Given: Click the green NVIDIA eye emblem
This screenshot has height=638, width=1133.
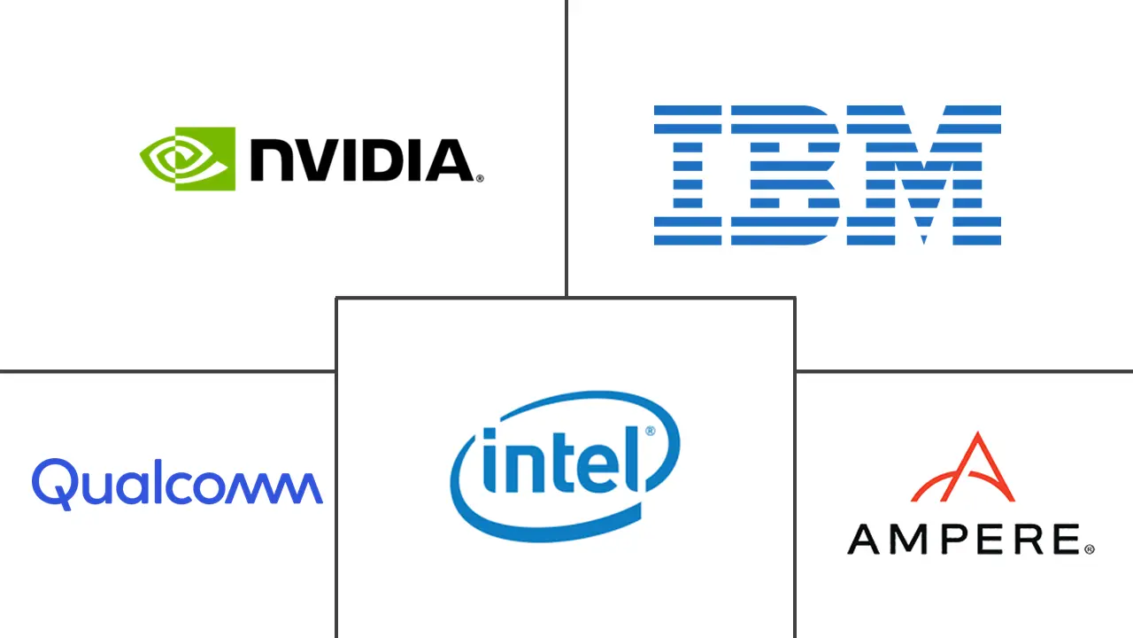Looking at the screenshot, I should point(188,159).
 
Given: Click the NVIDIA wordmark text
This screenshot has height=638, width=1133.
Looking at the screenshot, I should point(361,160).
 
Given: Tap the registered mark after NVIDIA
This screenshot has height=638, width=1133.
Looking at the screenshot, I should point(480,178).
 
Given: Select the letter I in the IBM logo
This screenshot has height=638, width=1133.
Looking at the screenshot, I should point(687,175).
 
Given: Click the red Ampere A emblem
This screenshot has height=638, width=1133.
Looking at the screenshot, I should point(963,468).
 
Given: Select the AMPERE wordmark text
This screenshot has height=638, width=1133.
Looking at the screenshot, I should point(964,538).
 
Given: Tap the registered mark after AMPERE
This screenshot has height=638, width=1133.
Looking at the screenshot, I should point(1089,549).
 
